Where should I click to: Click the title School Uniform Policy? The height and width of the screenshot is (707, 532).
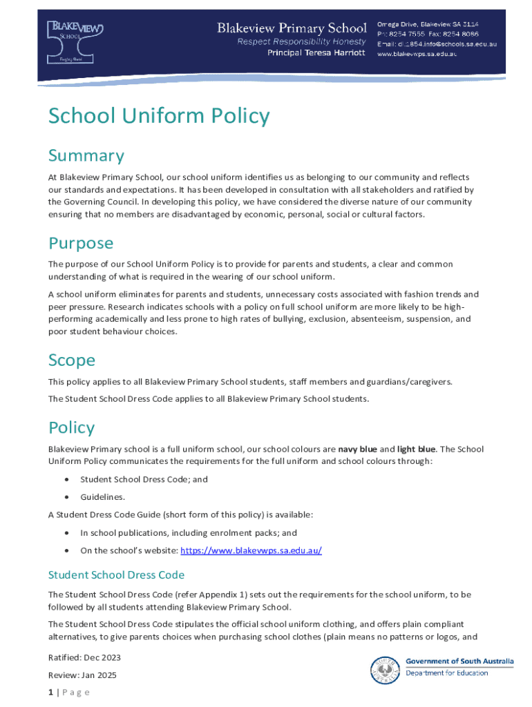(x=158, y=117)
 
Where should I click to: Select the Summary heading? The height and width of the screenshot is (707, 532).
(x=86, y=155)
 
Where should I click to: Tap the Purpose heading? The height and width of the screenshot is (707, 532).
(x=81, y=243)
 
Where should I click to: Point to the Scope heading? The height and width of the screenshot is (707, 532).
(x=72, y=360)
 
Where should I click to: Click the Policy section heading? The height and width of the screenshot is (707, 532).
(x=71, y=427)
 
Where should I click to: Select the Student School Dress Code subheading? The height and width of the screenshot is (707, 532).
(x=116, y=574)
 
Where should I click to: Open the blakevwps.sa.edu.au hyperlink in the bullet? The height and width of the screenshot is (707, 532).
(x=251, y=550)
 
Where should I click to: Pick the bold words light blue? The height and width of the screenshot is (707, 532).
(x=416, y=449)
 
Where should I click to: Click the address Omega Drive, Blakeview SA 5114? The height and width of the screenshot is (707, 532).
(x=437, y=24)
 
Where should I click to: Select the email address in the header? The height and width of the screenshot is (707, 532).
(x=437, y=44)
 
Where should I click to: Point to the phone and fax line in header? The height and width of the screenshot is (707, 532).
(x=427, y=34)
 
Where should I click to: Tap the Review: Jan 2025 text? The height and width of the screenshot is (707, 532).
(x=82, y=675)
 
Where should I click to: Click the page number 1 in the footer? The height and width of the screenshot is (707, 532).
(x=50, y=693)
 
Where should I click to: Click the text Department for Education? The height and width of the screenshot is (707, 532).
(x=446, y=673)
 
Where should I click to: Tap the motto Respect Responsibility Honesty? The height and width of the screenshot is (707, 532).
(x=301, y=41)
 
